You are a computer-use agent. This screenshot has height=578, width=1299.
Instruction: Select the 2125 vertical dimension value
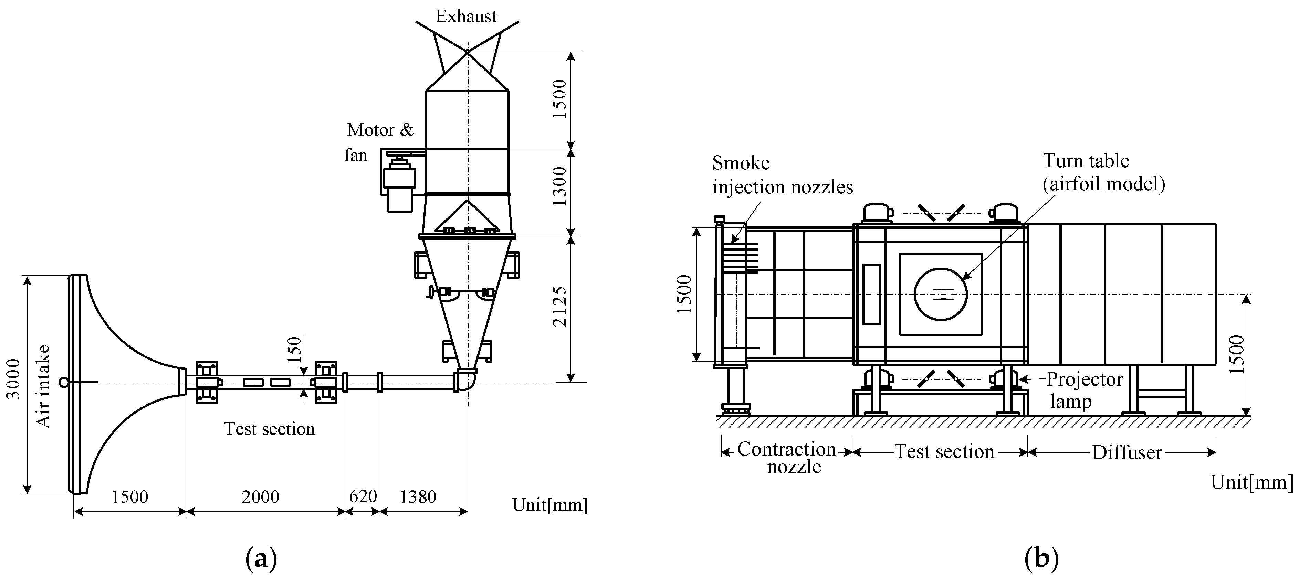(x=560, y=307)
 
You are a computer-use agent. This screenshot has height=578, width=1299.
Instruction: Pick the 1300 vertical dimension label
(x=560, y=186)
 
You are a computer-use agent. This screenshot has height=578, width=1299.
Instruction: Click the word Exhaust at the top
(x=466, y=17)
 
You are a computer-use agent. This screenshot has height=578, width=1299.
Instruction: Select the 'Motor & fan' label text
(x=379, y=142)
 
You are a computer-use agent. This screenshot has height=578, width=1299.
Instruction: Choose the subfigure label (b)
(x=1042, y=559)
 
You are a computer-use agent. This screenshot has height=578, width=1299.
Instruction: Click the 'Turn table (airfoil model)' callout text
(x=1103, y=172)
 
